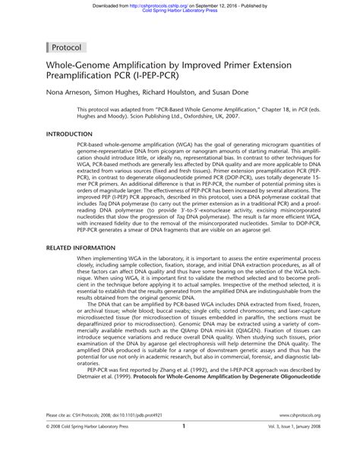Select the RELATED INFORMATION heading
[x=86, y=248]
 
